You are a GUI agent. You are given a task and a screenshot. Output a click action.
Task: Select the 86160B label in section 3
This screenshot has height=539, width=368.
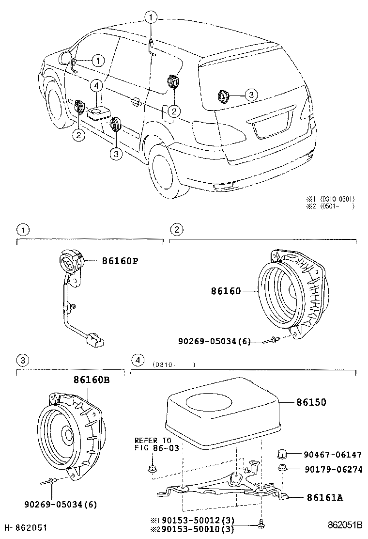pyautogui.click(x=92, y=380)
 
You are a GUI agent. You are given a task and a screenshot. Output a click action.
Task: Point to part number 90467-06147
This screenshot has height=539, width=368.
pyautogui.click(x=333, y=454)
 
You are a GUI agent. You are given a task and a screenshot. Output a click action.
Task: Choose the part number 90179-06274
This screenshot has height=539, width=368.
pyautogui.click(x=333, y=469)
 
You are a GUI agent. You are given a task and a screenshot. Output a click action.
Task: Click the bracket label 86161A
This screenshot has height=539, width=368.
pyautogui.click(x=324, y=497)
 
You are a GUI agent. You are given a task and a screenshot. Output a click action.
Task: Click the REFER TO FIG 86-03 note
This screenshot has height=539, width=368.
pyautogui.click(x=153, y=444)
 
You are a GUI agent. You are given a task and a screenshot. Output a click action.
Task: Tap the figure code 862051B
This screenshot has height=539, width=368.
pyautogui.click(x=345, y=524)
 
